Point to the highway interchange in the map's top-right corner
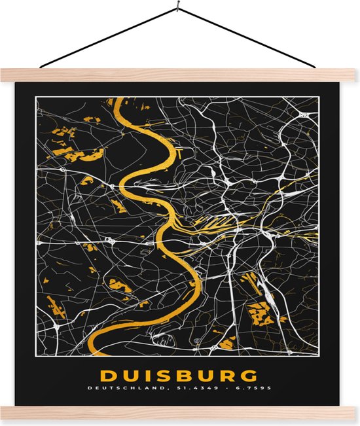(x=304, y=115)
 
